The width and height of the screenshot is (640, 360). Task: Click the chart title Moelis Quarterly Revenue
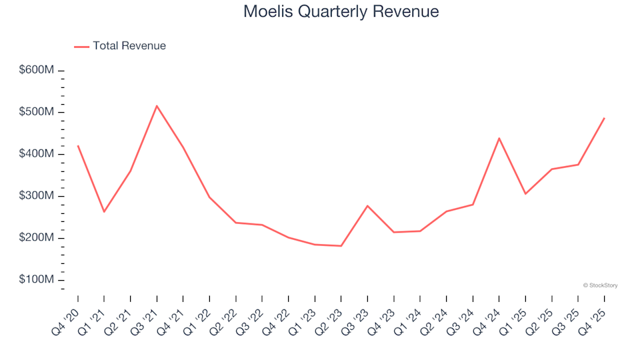[341, 11]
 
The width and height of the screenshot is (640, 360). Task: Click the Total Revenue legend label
[129, 46]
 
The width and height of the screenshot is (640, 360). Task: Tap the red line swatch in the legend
[81, 46]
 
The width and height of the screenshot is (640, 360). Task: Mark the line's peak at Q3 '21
[157, 106]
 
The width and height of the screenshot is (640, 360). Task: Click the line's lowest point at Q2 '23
[341, 246]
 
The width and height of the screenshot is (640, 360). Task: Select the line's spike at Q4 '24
[499, 138]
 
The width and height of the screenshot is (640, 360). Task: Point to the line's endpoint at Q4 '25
[605, 118]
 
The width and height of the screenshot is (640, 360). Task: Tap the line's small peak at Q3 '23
[367, 205]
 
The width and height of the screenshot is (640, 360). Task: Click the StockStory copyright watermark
[600, 285]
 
